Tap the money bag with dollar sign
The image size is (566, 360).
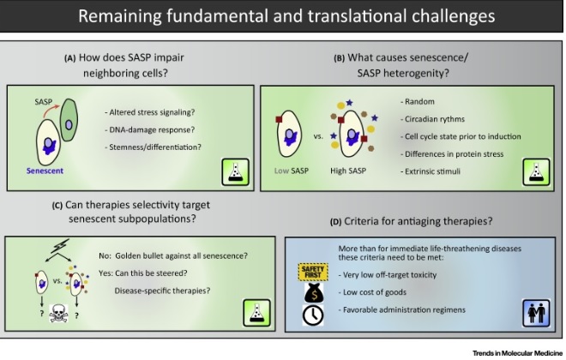(x=311, y=293)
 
